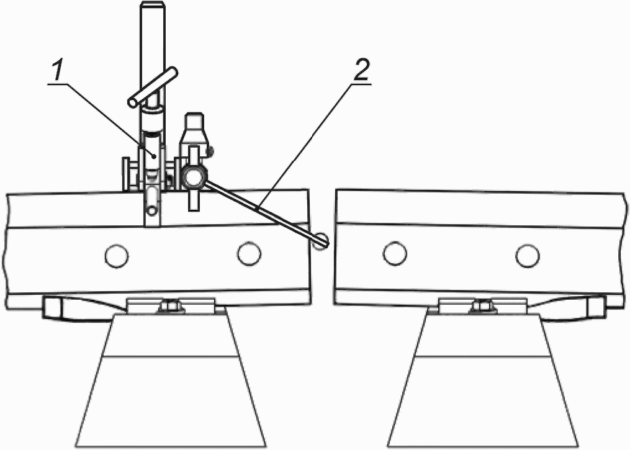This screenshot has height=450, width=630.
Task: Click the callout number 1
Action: (58, 71)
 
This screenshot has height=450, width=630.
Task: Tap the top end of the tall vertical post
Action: (152, 5)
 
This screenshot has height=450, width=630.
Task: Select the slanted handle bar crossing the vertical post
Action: (153, 88)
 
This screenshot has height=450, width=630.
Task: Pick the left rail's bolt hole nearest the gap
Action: (249, 253)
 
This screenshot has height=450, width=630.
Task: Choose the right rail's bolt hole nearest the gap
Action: (395, 254)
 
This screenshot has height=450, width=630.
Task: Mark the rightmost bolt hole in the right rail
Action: (528, 256)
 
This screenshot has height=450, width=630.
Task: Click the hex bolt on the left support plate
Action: (170, 306)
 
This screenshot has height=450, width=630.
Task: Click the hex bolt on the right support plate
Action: (482, 306)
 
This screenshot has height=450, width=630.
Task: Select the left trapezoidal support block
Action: (171, 380)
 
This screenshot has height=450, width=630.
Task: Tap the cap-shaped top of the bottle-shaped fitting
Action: (194, 120)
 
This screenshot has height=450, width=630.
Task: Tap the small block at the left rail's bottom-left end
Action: (53, 307)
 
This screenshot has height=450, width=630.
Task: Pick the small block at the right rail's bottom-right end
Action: (596, 307)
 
